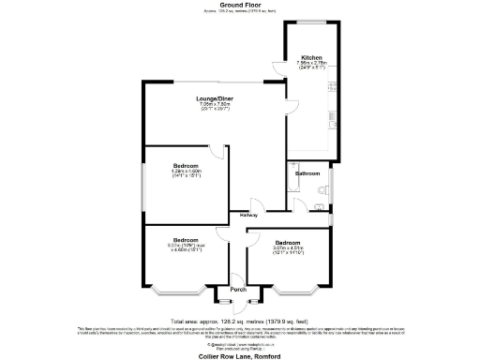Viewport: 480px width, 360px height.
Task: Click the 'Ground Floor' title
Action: pyautogui.click(x=239, y=5)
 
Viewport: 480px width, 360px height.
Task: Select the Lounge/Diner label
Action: pyautogui.click(x=215, y=98)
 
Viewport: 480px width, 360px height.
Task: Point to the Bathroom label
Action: pyautogui.click(x=307, y=173)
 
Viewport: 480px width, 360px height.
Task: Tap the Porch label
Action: pyautogui.click(x=238, y=289)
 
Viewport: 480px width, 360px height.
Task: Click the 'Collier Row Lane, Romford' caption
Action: pyautogui.click(x=239, y=357)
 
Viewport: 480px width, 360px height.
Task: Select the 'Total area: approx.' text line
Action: pyautogui.click(x=239, y=319)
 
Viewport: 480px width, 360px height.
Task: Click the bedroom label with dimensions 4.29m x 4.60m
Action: pyautogui.click(x=187, y=165)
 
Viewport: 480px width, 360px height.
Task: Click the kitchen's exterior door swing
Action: pyautogui.click(x=278, y=68)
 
